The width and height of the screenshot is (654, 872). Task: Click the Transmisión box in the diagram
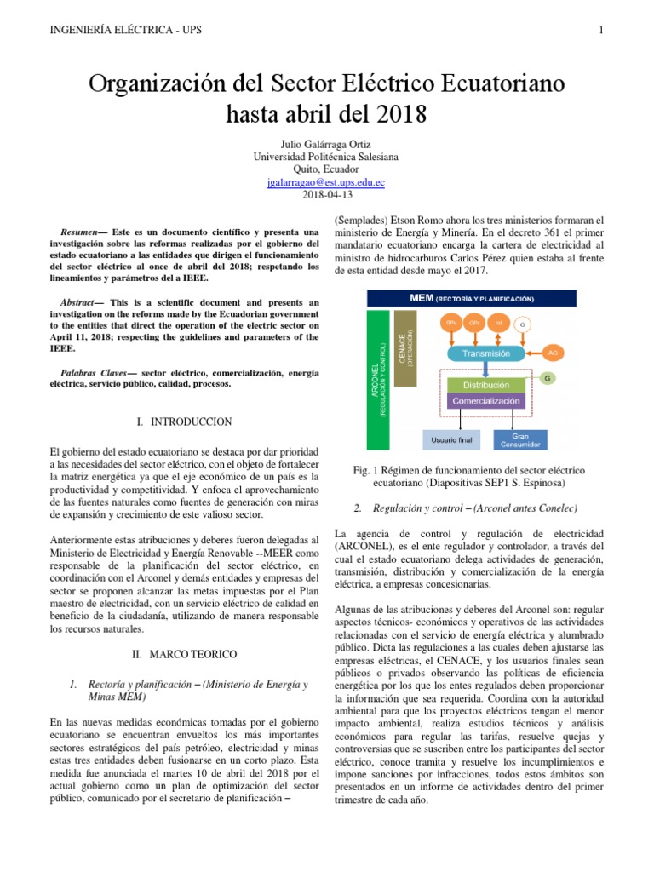click(x=485, y=353)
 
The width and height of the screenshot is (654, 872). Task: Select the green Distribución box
click(x=485, y=385)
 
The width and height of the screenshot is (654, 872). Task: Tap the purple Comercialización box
click(x=485, y=400)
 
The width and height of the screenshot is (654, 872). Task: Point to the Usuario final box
click(x=451, y=440)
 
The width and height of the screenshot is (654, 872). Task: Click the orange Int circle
click(x=499, y=324)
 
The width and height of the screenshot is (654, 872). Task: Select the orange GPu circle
click(x=451, y=324)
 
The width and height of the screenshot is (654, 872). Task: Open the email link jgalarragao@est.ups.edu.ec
click(x=326, y=181)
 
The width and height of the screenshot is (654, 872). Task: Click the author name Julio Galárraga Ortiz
click(x=326, y=144)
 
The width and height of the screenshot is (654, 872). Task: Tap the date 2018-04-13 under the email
click(x=326, y=194)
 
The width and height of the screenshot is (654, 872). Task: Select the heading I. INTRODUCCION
click(x=184, y=422)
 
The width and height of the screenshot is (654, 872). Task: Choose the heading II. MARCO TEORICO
click(x=184, y=654)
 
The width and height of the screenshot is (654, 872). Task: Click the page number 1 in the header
click(x=601, y=32)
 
